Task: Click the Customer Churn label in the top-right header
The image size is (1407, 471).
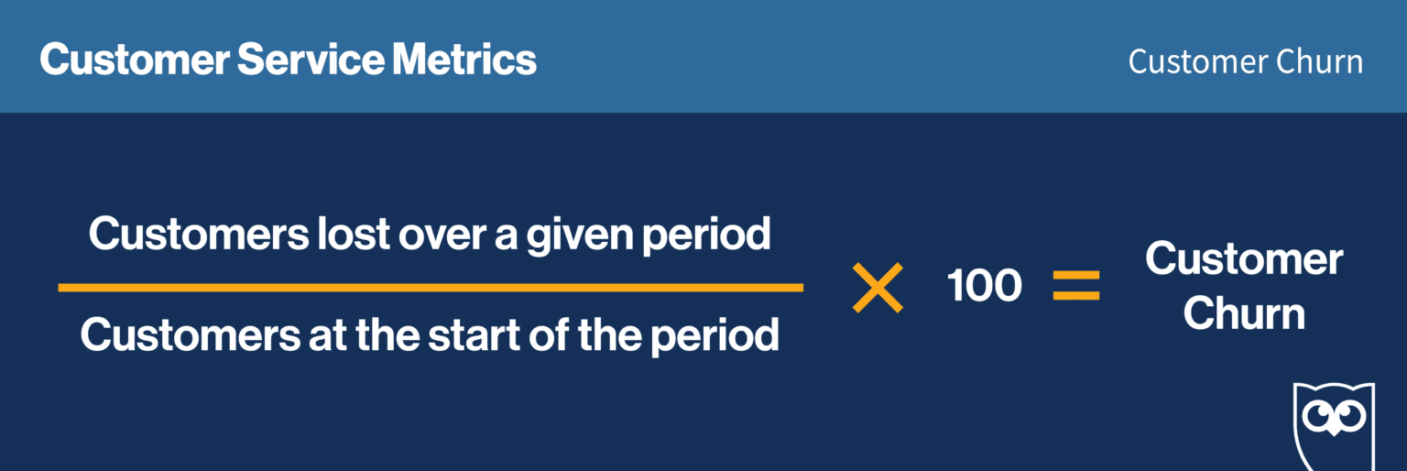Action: click(x=1245, y=62)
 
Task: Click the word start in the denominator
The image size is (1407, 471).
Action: click(x=476, y=336)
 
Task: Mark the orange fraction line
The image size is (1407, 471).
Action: click(x=431, y=288)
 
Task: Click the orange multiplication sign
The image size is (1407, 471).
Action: click(x=878, y=288)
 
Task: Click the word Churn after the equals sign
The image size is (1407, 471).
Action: click(x=1243, y=314)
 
